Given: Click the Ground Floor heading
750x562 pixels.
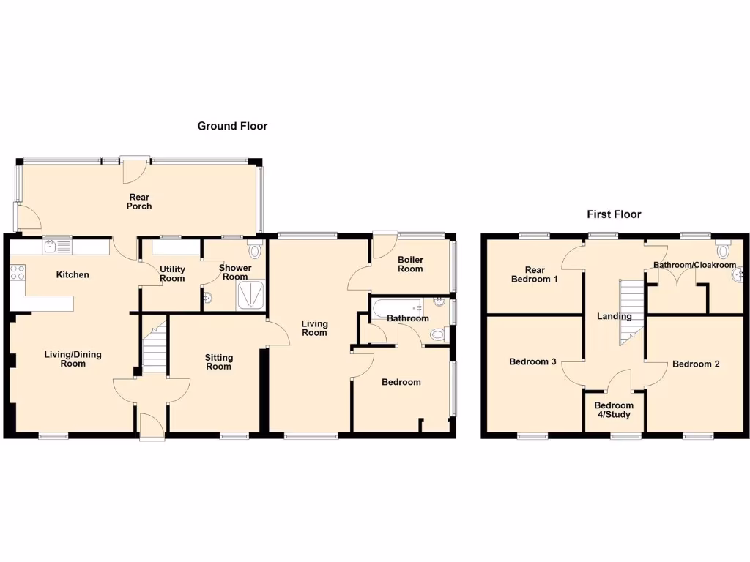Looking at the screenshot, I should (232, 126).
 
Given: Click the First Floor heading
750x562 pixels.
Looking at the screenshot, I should (614, 214).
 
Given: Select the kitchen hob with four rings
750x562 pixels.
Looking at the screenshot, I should (18, 273).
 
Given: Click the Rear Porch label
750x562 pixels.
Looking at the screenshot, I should (139, 201).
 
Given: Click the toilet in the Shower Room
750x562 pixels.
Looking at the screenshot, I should (254, 251).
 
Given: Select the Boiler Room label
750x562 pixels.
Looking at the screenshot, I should (410, 264).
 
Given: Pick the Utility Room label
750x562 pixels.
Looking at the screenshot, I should (172, 274).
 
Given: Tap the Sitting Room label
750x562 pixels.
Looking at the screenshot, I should (218, 361).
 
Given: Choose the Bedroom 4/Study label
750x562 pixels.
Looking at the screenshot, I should (614, 410).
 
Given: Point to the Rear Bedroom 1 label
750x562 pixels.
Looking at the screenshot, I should (535, 274).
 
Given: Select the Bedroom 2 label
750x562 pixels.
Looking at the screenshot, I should (696, 364).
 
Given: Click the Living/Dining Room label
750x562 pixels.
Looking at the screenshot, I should (73, 359).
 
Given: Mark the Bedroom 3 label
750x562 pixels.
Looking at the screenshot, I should (533, 361).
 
